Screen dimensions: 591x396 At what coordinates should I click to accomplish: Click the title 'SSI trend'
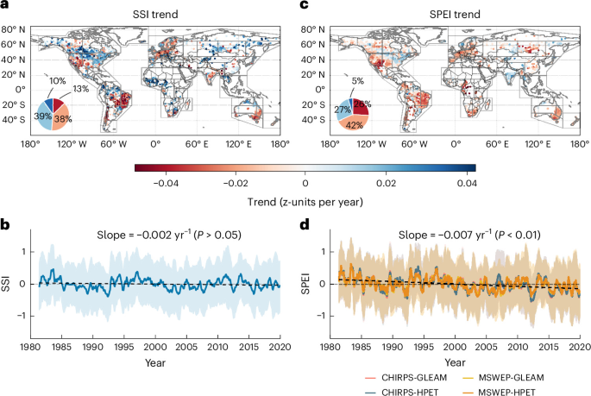(x=155, y=15)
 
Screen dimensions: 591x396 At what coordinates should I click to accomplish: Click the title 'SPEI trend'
(x=455, y=15)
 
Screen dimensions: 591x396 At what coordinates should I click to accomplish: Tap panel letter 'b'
(x=5, y=224)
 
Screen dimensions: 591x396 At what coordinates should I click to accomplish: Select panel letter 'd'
(x=305, y=224)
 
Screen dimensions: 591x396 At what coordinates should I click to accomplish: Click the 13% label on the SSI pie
(x=80, y=89)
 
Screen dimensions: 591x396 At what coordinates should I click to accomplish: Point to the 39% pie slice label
(x=42, y=116)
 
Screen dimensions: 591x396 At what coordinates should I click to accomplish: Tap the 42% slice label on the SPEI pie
(x=355, y=125)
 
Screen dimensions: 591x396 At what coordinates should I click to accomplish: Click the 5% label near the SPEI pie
(x=358, y=81)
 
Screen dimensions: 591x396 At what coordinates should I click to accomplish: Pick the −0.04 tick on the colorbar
(x=166, y=184)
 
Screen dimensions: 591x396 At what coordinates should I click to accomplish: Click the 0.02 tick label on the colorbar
(x=386, y=184)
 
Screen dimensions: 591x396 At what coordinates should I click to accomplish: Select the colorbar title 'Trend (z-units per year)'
(x=305, y=202)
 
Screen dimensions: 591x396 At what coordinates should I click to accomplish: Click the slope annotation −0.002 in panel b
(x=169, y=235)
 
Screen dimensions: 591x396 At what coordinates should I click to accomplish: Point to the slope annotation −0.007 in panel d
(x=469, y=235)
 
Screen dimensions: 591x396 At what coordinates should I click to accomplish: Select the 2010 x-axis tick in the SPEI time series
(x=518, y=346)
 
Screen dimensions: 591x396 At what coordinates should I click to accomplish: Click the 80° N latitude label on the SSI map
(x=14, y=29)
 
